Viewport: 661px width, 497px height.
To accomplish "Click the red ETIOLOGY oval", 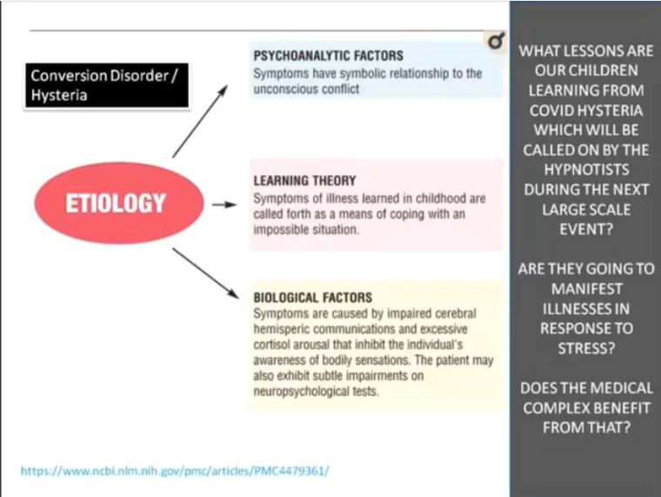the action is pos(119,203).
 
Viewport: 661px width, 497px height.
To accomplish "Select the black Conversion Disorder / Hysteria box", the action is pos(107,85).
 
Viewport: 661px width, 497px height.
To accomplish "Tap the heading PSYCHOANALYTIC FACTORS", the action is pos(329,56).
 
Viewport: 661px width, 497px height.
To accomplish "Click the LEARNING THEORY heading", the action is pos(304,180).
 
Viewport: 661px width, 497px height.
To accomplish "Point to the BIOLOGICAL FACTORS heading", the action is pos(313,298).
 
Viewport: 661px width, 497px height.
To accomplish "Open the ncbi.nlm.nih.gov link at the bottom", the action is pos(175,470).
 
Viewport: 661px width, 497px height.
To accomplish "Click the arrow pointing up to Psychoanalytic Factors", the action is pos(200,122).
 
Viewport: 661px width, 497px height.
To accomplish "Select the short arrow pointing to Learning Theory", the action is pos(224,205).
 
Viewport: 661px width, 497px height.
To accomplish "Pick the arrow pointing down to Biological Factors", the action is pos(205,274).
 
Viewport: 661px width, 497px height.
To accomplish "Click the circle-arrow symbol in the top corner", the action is pos(496,41).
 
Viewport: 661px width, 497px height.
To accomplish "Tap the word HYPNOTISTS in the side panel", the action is pos(586,170).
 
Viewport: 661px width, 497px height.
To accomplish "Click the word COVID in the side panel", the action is pos(550,111).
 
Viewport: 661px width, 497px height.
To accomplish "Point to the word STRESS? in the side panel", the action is pos(586,348).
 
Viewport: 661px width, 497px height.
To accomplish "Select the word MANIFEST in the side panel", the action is pos(586,289).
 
